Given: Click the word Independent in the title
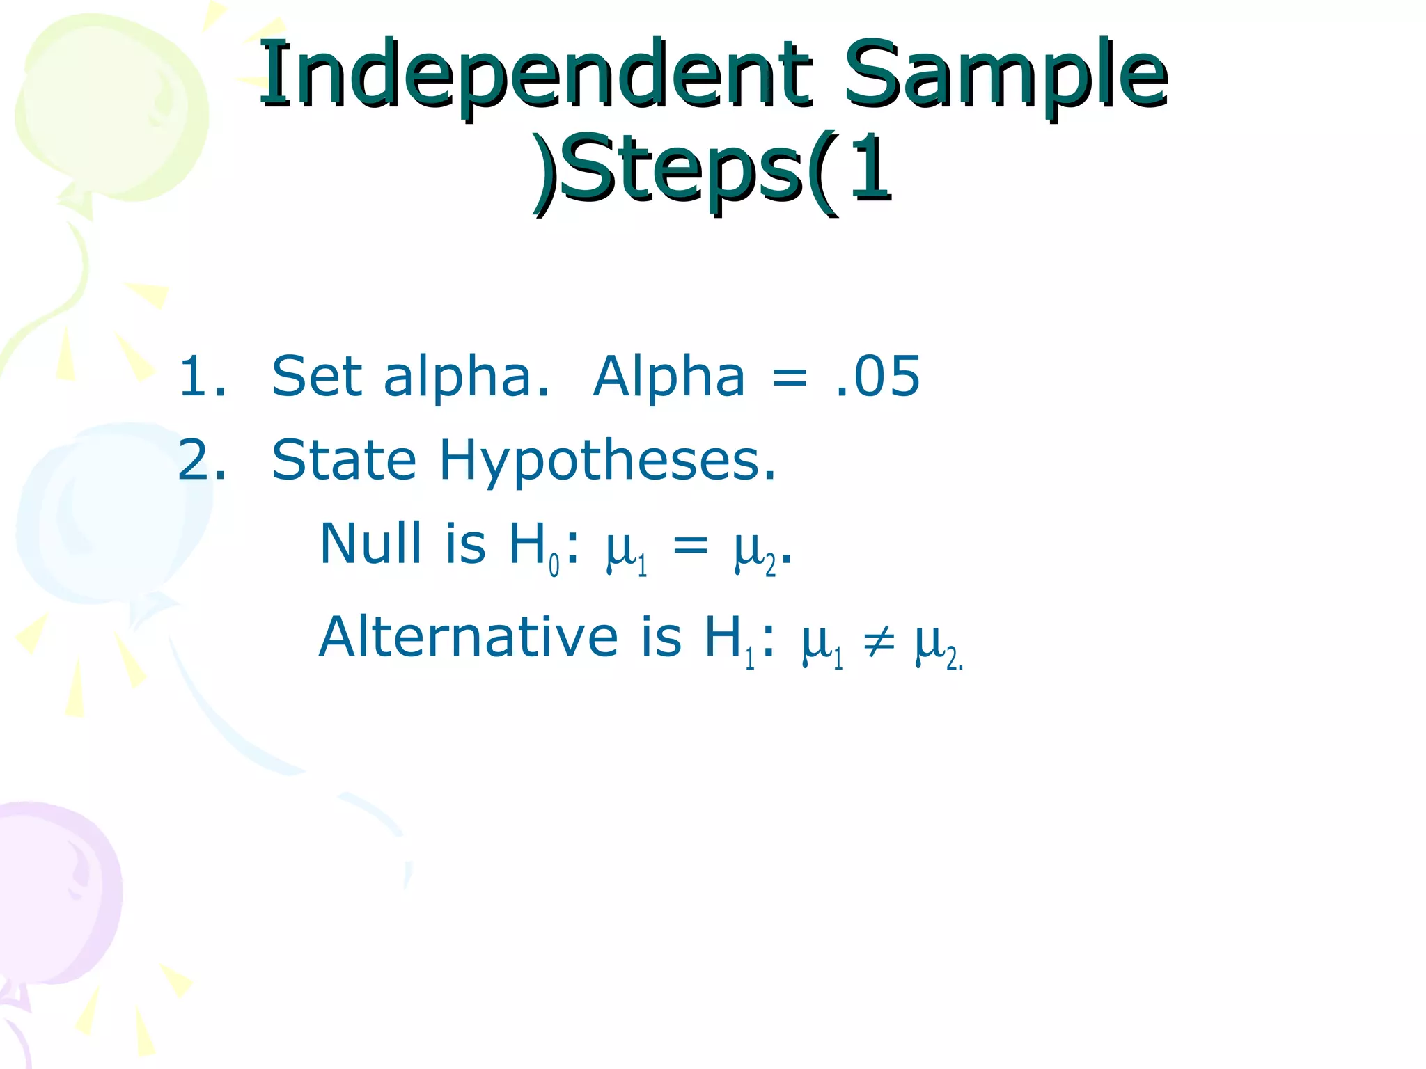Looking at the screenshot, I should [535, 75].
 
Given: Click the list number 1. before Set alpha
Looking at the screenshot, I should [202, 377].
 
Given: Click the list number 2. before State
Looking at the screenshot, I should [202, 460].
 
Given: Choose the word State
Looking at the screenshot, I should [344, 460].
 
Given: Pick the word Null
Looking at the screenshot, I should [370, 544].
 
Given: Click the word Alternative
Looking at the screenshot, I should [468, 637].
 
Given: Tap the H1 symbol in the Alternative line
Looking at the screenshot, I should [728, 640].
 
